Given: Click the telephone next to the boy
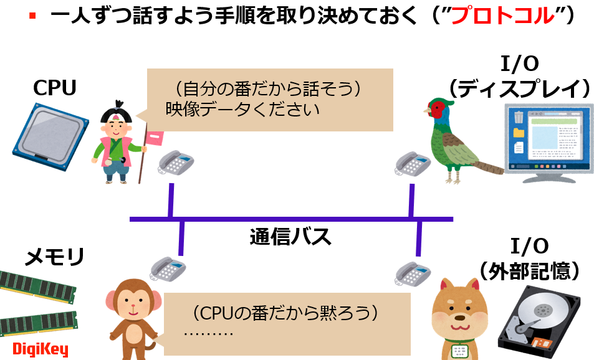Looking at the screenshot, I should click(176, 163).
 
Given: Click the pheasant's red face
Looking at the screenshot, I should click(438, 110).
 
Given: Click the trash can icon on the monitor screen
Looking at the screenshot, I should click(519, 116).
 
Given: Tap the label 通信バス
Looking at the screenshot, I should click(290, 237).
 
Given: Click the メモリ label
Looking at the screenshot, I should click(54, 257).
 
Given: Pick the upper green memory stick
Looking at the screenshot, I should click(37, 288).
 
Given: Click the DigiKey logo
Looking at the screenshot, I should click(41, 349).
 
